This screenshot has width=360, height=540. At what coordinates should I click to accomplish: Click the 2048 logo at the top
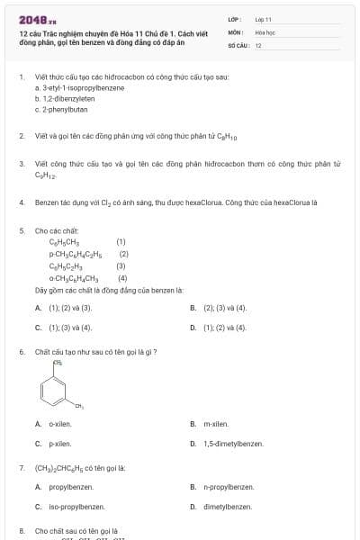pyautogui.click(x=37, y=18)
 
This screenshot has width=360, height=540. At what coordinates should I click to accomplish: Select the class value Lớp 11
pyautogui.click(x=263, y=18)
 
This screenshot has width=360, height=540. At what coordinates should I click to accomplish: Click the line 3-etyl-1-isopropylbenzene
pyautogui.click(x=77, y=89)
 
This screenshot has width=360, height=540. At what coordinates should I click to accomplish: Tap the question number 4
pyautogui.click(x=21, y=202)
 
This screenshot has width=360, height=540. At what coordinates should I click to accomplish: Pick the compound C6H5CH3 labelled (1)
pyautogui.click(x=65, y=242)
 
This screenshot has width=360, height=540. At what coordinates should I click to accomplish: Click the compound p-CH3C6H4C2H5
pyautogui.click(x=77, y=254)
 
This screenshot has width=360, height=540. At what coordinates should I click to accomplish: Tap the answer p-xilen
pyautogui.click(x=59, y=444)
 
